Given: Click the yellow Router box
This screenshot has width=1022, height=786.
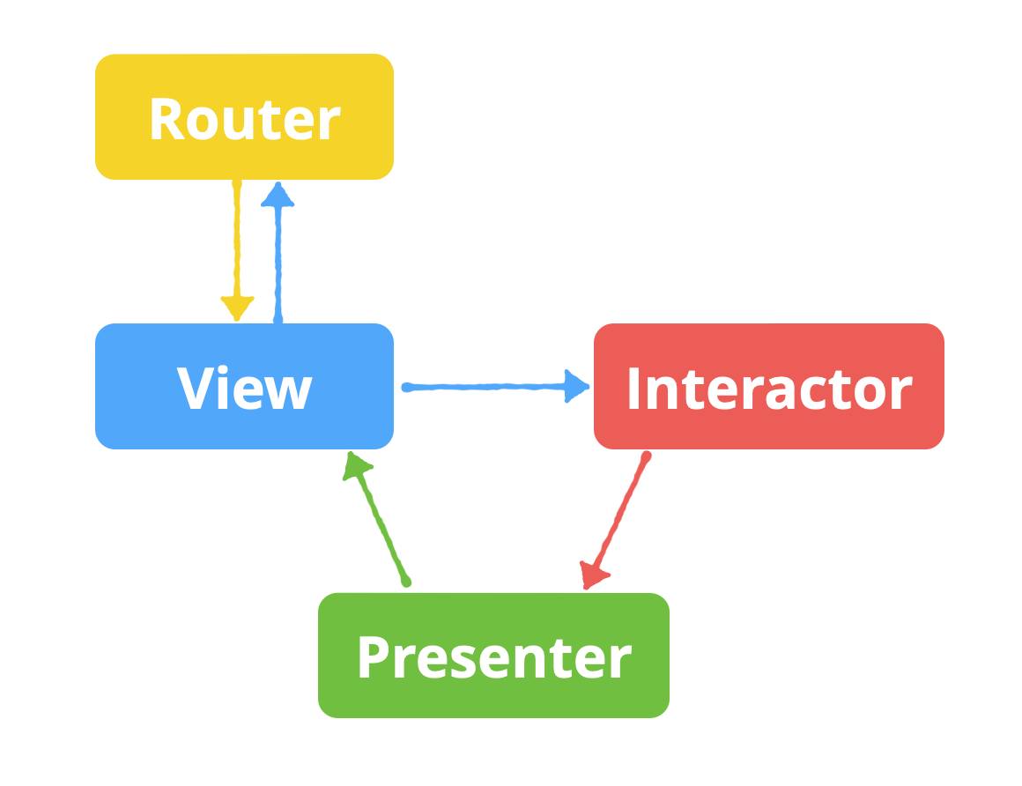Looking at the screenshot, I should point(244,116).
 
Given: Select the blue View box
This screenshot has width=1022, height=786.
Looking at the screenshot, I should point(244,386).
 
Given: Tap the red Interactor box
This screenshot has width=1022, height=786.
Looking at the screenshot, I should point(768,386).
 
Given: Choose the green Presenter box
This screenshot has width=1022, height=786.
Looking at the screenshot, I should point(493,655).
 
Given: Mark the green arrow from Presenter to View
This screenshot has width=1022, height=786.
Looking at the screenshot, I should point(380,521).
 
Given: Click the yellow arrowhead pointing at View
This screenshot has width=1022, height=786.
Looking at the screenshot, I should point(237,308).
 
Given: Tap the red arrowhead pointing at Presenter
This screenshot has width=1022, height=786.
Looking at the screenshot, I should point(594,575).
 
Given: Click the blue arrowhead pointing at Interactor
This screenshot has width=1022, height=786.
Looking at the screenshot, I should point(577,385).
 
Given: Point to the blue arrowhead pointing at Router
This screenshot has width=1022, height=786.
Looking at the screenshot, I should point(278,195).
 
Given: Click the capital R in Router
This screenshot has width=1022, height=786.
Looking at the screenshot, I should point(167,119).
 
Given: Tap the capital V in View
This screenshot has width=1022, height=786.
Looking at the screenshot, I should point(195,388).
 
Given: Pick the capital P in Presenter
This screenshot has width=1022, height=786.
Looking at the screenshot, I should point(374,656).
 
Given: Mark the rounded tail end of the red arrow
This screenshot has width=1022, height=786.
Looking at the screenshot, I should point(647,456).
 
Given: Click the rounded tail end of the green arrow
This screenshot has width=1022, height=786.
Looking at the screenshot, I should point(406,582).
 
